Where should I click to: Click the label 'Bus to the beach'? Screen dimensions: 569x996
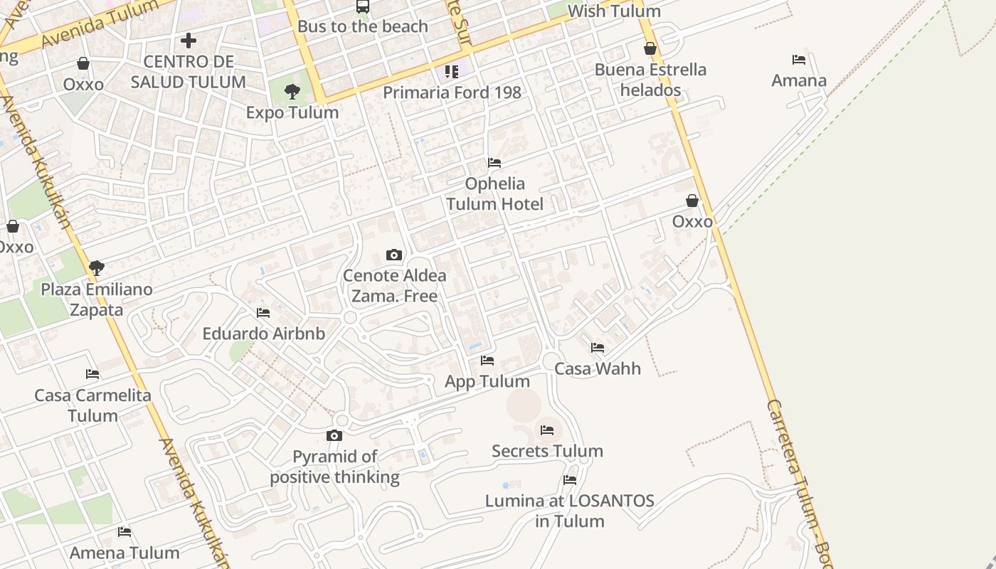pyautogui.click(x=363, y=26)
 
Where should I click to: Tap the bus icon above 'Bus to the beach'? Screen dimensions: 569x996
pyautogui.click(x=363, y=6)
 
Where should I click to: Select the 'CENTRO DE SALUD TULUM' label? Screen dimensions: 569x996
pyautogui.click(x=189, y=72)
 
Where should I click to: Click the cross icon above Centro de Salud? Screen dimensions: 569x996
pyautogui.click(x=189, y=41)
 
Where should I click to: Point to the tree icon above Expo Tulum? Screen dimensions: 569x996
pyautogui.click(x=292, y=91)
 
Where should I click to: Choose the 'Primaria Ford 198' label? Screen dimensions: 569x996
pyautogui.click(x=452, y=92)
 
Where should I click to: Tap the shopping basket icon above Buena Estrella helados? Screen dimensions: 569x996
pyautogui.click(x=650, y=48)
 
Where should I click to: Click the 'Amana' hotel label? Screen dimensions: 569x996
pyautogui.click(x=799, y=80)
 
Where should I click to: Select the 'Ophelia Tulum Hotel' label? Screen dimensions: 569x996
pyautogui.click(x=494, y=193)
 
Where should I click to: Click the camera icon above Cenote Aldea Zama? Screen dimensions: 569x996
pyautogui.click(x=394, y=255)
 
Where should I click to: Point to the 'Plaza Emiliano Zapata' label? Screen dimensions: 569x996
pyautogui.click(x=97, y=299)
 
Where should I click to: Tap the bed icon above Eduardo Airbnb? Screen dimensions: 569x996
pyautogui.click(x=263, y=313)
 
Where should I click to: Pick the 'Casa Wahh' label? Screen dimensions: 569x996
pyautogui.click(x=598, y=368)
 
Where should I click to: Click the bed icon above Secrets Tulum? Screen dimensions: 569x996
pyautogui.click(x=547, y=430)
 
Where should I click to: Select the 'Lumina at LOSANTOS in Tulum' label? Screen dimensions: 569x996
pyautogui.click(x=569, y=511)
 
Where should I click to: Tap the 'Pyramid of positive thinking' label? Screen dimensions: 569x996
pyautogui.click(x=334, y=467)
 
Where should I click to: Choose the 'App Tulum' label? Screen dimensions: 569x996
pyautogui.click(x=487, y=381)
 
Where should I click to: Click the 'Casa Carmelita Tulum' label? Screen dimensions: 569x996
pyautogui.click(x=92, y=405)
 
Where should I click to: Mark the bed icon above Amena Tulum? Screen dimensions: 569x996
pyautogui.click(x=124, y=531)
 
